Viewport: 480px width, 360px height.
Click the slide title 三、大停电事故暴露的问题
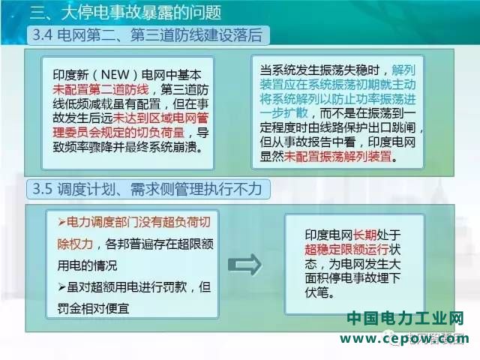click(125, 13)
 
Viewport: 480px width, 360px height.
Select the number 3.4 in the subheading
click(43, 35)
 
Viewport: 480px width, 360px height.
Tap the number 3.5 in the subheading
click(43, 188)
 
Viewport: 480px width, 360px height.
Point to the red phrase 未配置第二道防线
click(100, 89)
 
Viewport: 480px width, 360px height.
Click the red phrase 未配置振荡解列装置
click(337, 157)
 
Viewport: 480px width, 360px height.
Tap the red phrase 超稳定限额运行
click(346, 250)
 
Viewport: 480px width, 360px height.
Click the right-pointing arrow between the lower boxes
click(244, 265)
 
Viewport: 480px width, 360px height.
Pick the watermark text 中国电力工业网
click(406, 319)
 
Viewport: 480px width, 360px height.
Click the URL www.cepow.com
click(404, 339)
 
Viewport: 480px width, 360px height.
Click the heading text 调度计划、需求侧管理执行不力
click(160, 188)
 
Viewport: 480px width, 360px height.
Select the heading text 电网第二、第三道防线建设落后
click(160, 35)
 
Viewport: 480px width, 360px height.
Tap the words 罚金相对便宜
click(93, 308)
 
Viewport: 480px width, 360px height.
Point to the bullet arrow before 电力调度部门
click(61, 223)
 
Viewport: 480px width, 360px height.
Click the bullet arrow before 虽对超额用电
click(61, 287)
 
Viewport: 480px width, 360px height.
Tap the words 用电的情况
click(87, 265)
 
